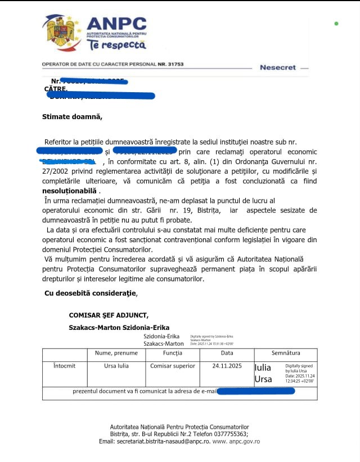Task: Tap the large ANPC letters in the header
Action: (x=116, y=24)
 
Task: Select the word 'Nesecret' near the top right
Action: (x=277, y=67)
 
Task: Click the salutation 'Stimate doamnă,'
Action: (x=73, y=117)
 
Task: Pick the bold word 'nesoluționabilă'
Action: (x=73, y=190)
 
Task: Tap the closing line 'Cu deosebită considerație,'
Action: (x=91, y=293)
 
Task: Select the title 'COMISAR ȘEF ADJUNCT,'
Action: (x=109, y=316)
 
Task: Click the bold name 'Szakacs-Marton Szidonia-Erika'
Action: (x=119, y=327)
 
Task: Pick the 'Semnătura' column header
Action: (x=286, y=353)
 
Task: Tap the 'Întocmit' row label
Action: (x=64, y=366)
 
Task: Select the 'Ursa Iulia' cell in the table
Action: (x=116, y=366)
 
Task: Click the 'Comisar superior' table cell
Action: (x=173, y=366)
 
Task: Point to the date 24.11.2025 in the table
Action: (x=227, y=366)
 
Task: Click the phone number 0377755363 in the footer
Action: (x=229, y=434)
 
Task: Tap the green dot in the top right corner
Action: (x=336, y=24)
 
